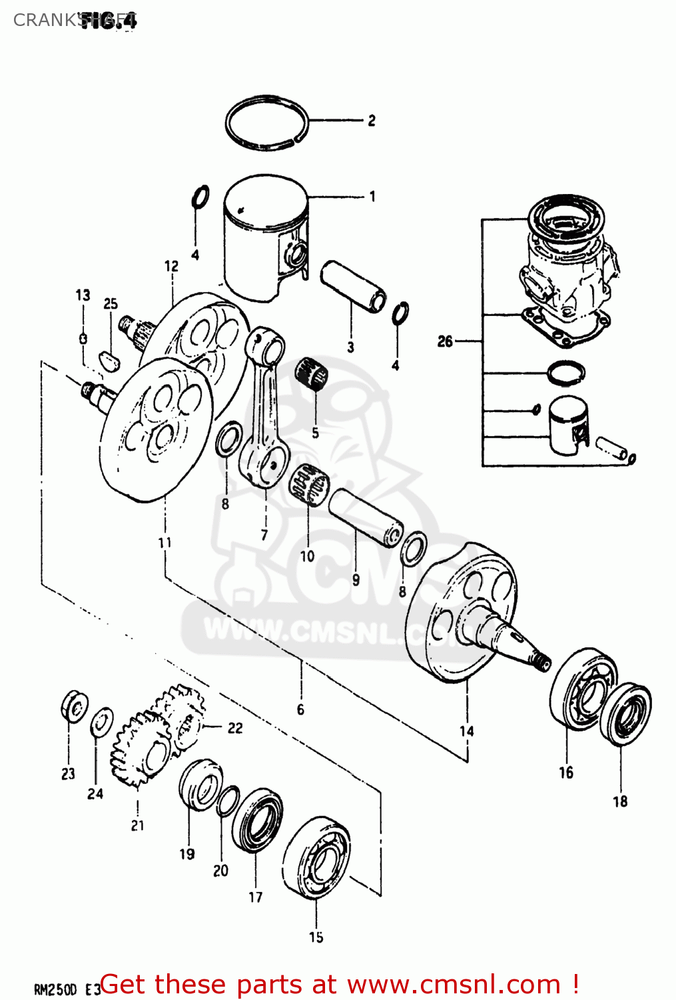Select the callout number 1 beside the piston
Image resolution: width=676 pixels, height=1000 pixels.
[372, 197]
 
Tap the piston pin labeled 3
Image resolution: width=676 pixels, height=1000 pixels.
[353, 287]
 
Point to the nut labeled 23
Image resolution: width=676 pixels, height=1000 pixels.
[74, 706]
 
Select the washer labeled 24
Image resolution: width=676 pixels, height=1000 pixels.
[101, 723]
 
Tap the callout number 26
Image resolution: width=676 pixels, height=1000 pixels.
[445, 342]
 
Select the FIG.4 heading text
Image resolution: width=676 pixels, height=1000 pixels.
[110, 20]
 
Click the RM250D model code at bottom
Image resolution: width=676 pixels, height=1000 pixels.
[56, 989]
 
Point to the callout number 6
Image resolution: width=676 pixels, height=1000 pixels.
[300, 709]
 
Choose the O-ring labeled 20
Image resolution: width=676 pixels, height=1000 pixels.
[228, 800]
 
